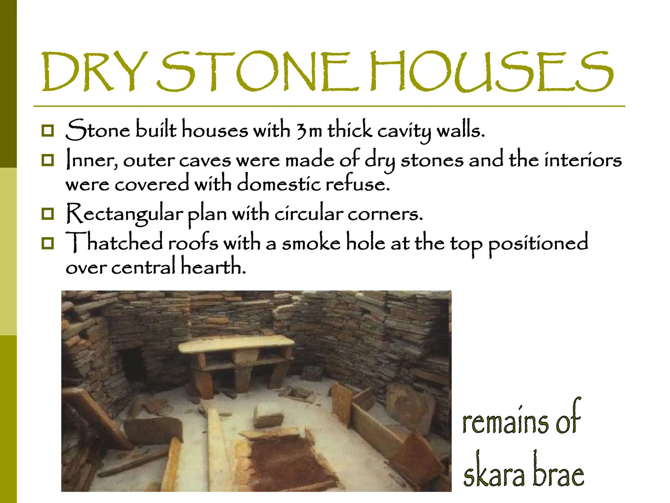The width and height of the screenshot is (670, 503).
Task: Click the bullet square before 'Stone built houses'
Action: [x=48, y=131]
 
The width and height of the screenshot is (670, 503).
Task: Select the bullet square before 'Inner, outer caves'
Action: [x=48, y=160]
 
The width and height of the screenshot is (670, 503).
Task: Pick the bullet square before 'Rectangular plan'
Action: [x=48, y=214]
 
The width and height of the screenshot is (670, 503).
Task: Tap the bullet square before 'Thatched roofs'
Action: [x=48, y=243]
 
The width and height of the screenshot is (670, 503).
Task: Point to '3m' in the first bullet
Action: [x=309, y=131]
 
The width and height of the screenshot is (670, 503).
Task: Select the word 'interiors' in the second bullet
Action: [x=583, y=160]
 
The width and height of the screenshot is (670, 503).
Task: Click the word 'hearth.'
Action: [x=213, y=266]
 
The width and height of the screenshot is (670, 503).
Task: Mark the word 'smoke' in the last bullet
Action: [x=311, y=243]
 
